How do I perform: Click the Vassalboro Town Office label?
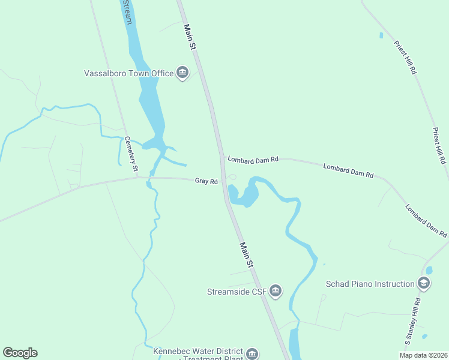(128, 74)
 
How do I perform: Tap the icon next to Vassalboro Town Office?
(182, 73)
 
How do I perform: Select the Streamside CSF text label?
(236, 292)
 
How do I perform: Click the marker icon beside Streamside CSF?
(275, 292)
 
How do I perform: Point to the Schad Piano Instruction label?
(370, 284)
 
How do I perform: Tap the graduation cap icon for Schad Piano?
(424, 283)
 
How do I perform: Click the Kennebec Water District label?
(198, 351)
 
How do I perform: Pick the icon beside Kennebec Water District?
(253, 353)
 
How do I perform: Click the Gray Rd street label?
(206, 181)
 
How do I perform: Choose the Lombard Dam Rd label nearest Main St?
(253, 159)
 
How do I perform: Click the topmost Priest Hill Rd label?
(405, 57)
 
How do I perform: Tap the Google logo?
(20, 353)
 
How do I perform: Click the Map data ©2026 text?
(423, 355)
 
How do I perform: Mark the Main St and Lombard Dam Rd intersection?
(221, 158)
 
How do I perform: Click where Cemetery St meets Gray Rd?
(137, 178)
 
